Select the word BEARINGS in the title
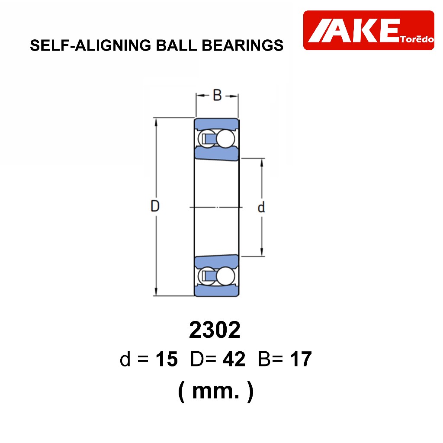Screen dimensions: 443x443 pos(242,45)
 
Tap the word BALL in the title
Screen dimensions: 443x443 pos(177,45)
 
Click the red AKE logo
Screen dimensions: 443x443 pos(369,30)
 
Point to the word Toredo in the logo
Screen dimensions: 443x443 pos(417,39)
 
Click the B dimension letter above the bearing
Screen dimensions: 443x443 pos(217,95)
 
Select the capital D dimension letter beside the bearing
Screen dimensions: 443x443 pos(155,206)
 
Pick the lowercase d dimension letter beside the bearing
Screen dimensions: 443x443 pos(261,207)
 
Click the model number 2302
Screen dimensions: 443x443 pos(215,330)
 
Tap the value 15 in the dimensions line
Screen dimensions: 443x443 pos(167,359)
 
